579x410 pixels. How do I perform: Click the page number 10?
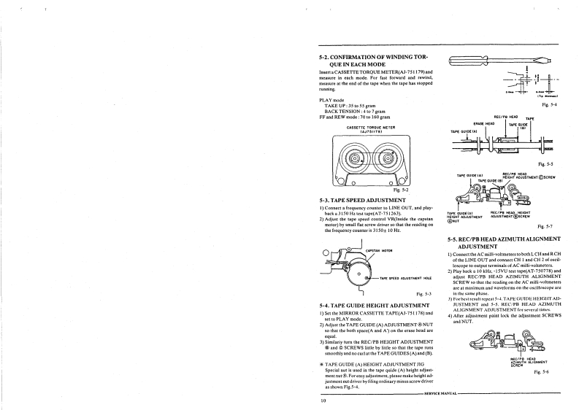click(322, 401)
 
